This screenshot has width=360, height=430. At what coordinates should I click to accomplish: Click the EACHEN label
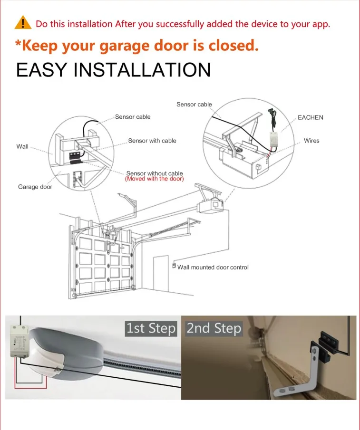[310, 117]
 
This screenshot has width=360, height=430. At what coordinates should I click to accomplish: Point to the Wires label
[311, 141]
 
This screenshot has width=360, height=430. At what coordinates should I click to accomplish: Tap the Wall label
[22, 146]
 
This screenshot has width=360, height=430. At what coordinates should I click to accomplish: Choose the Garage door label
[35, 187]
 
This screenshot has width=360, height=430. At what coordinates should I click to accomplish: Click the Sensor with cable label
[152, 141]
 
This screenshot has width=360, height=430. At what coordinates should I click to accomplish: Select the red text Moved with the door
[154, 179]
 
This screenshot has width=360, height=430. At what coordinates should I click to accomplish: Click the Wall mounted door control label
[213, 268]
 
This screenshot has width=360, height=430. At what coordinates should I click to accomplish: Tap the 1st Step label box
[151, 328]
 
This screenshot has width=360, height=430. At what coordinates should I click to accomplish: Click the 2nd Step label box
[214, 328]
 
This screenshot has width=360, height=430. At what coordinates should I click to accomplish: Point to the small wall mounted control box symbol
[174, 266]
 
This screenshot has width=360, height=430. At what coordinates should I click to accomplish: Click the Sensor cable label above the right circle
[194, 105]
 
